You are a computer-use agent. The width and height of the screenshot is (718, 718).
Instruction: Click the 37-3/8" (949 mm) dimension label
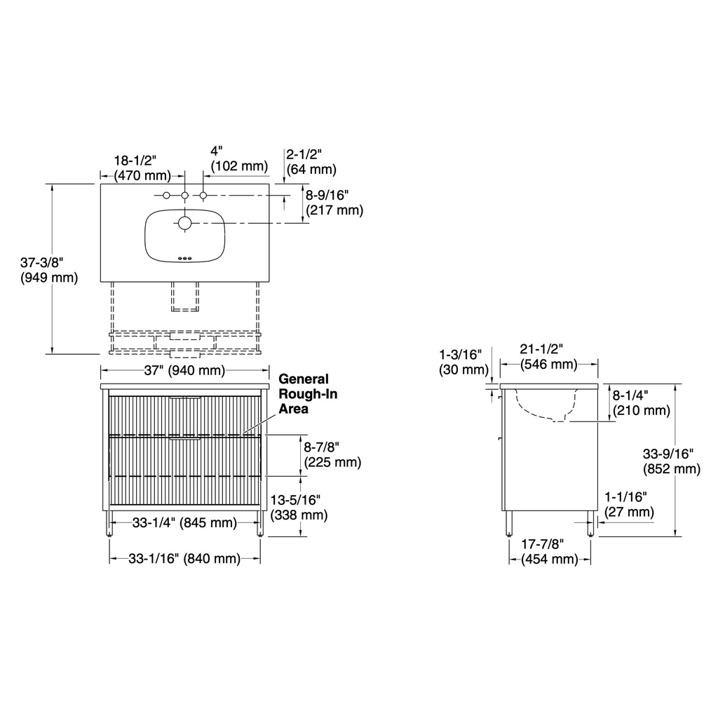click(x=49, y=270)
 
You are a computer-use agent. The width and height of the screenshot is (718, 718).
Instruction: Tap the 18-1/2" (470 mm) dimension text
click(x=142, y=168)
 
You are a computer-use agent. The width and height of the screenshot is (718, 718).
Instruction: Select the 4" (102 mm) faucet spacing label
click(x=239, y=158)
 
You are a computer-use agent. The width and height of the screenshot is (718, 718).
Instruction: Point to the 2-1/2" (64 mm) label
click(x=311, y=162)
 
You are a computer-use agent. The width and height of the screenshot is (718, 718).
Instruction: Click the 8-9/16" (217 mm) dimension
click(x=334, y=203)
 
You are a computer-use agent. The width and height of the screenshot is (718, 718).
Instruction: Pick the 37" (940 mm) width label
click(x=184, y=370)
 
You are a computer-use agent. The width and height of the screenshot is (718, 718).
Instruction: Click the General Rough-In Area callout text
click(x=308, y=394)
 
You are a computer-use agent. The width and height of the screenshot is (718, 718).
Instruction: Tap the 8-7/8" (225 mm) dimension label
click(x=332, y=454)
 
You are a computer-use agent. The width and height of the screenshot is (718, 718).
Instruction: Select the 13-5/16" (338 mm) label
click(x=299, y=508)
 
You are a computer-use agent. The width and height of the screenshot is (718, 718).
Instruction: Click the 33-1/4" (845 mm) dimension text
click(x=184, y=522)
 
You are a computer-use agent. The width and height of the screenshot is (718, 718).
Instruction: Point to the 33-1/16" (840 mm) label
click(x=184, y=558)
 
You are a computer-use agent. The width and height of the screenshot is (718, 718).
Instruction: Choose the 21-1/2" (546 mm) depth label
click(x=548, y=357)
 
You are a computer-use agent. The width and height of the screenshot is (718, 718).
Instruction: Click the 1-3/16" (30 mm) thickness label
click(x=463, y=362)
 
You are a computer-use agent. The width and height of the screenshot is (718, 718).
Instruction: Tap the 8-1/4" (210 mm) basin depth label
click(x=641, y=402)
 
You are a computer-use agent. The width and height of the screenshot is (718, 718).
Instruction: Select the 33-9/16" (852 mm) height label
click(x=671, y=461)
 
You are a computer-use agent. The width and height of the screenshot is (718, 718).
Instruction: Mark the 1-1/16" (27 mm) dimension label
click(x=629, y=503)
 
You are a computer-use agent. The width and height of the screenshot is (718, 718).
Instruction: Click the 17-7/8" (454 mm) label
click(x=550, y=551)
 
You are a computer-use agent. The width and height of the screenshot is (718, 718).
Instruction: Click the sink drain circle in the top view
click(x=184, y=223)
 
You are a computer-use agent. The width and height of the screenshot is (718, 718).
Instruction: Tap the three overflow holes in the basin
click(x=184, y=259)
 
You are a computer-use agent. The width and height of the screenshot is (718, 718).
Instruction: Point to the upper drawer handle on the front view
click(x=185, y=398)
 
